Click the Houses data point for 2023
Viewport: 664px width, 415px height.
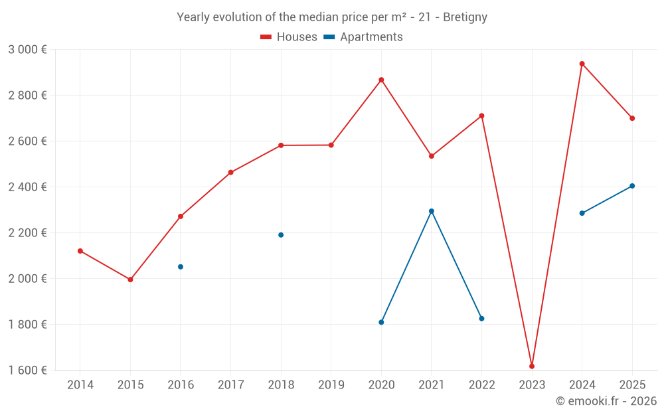tap(532, 367)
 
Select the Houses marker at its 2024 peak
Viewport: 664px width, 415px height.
tap(582, 64)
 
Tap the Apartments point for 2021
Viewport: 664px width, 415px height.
tap(432, 211)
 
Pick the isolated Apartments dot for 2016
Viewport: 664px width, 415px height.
tap(181, 267)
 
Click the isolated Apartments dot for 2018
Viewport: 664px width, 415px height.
tap(281, 235)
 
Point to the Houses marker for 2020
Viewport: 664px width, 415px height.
tap(381, 80)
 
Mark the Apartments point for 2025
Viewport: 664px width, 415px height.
tap(632, 186)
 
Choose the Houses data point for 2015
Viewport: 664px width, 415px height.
tap(130, 280)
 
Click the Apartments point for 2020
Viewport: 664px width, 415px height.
tap(381, 322)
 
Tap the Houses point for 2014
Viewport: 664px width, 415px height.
tap(80, 251)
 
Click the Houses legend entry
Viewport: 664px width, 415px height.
tap(289, 37)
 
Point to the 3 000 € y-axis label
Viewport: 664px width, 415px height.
tap(27, 50)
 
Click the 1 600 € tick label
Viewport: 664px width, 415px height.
tap(27, 371)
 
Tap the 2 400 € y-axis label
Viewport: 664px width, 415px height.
tap(27, 187)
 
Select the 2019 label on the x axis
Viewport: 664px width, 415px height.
tap(331, 385)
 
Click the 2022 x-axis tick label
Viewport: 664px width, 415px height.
tap(481, 385)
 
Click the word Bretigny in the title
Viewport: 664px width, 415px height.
tap(465, 17)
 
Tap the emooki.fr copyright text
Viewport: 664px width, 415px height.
tap(606, 401)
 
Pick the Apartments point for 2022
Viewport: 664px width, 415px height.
tap(481, 319)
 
